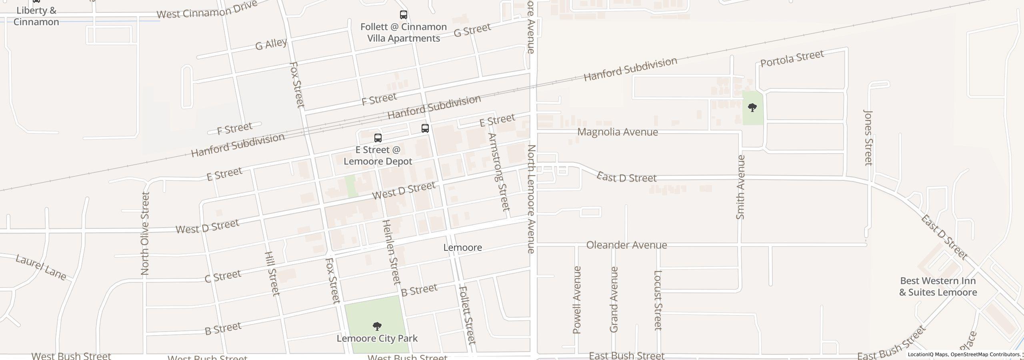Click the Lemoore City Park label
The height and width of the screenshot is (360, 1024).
coord(377,338)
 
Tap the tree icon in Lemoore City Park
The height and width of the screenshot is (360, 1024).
coord(377,326)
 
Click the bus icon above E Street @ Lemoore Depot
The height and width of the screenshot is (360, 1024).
coord(378,138)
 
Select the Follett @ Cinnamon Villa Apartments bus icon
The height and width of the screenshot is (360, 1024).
coord(404,15)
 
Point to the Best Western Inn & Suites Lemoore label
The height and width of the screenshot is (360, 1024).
coord(938,286)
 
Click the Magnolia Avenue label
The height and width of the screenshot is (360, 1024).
coord(618,132)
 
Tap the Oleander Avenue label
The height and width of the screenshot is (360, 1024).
coord(626,245)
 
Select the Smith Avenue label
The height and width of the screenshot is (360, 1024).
coord(740,187)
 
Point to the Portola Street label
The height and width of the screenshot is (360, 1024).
coord(792,59)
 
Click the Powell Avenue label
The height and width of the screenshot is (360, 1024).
coord(577,300)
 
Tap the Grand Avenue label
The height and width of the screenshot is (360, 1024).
coord(614,300)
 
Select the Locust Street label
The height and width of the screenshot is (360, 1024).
coord(658,300)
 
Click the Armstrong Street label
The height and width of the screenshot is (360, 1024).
coord(499,172)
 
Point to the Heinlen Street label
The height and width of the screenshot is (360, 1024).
coord(392,252)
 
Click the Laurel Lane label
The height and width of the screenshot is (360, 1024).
coord(41,267)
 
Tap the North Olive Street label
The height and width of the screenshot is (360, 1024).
coord(145,234)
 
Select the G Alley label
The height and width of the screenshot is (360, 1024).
coord(271,44)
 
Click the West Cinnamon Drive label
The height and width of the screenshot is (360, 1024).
coord(206,10)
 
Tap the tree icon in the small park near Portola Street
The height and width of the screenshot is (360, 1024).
coord(752,108)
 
